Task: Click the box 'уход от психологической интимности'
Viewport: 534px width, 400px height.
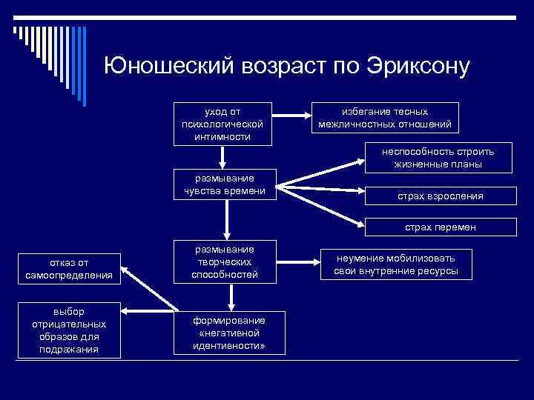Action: click(221, 121)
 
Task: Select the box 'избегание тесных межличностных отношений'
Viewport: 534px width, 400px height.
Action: click(384, 117)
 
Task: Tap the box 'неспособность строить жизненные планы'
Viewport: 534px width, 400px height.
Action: click(438, 158)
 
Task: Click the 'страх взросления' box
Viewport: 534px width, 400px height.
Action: click(440, 196)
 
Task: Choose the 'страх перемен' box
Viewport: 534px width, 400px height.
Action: click(440, 227)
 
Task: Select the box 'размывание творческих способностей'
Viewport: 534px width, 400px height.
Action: click(224, 261)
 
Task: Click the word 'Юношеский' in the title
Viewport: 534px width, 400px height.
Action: click(168, 66)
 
